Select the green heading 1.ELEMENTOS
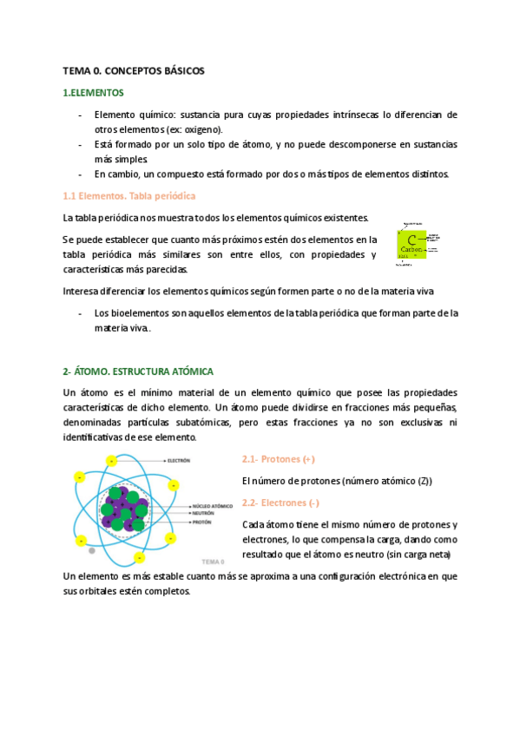[x=94, y=92]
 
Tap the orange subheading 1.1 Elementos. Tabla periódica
[x=129, y=196]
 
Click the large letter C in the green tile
[x=411, y=239]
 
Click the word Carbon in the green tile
[x=411, y=250]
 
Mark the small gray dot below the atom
[x=92, y=550]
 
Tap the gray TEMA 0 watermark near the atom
[x=213, y=561]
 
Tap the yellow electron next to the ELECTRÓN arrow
[x=109, y=461]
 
